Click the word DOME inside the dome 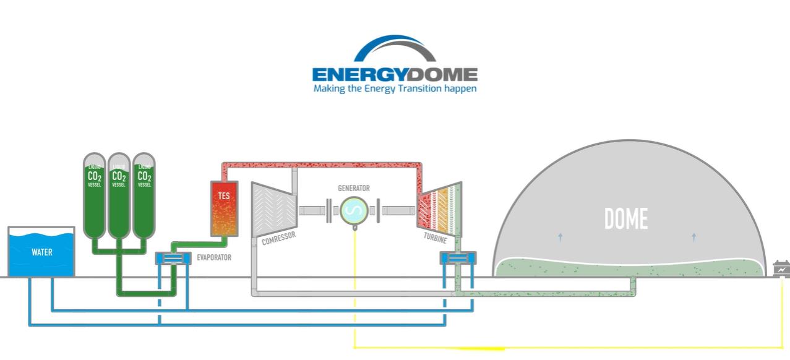[x=626, y=219]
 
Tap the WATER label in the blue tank [x=42, y=252]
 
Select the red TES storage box [x=224, y=208]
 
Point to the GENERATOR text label [x=354, y=188]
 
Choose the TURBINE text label [x=436, y=238]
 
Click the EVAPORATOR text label [x=214, y=257]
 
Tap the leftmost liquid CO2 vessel [x=95, y=195]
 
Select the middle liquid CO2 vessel [x=119, y=195]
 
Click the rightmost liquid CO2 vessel [x=144, y=195]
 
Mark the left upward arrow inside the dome [x=560, y=236]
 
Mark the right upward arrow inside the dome [x=693, y=236]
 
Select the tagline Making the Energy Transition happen [x=395, y=88]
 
